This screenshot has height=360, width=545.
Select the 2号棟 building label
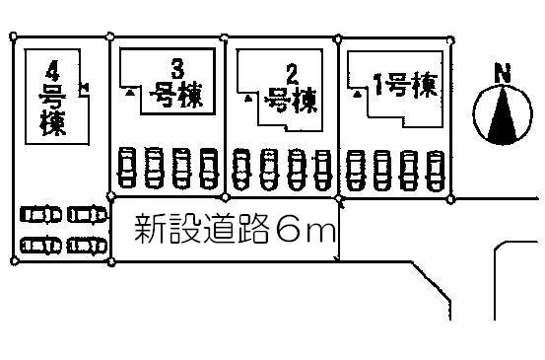pyautogui.click(x=290, y=89)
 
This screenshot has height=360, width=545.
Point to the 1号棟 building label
pyautogui.click(x=400, y=87)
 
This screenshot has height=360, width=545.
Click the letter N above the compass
pyautogui.click(x=502, y=72)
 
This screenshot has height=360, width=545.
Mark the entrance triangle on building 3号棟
pyautogui.click(x=129, y=91)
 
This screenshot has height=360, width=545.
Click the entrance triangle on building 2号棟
pyautogui.click(x=246, y=98)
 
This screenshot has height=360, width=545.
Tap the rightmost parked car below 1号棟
pyautogui.click(x=438, y=167)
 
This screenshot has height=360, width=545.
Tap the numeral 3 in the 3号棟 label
pyautogui.click(x=177, y=68)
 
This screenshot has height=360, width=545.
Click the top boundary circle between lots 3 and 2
pyautogui.click(x=227, y=39)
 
